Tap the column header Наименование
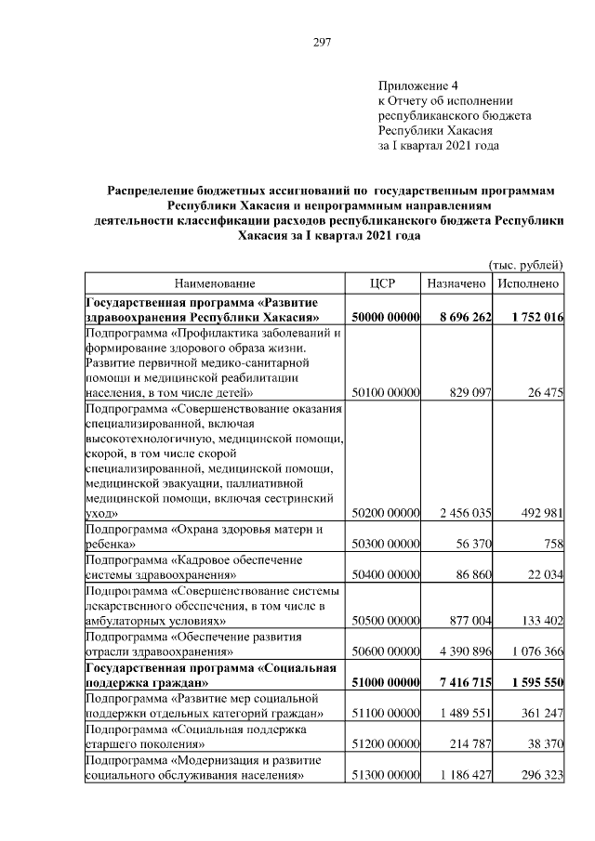(213, 283)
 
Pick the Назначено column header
(456, 283)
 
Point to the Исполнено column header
(528, 283)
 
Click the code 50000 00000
(384, 317)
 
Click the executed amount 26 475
(544, 393)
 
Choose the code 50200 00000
(384, 512)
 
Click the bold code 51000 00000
(384, 684)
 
